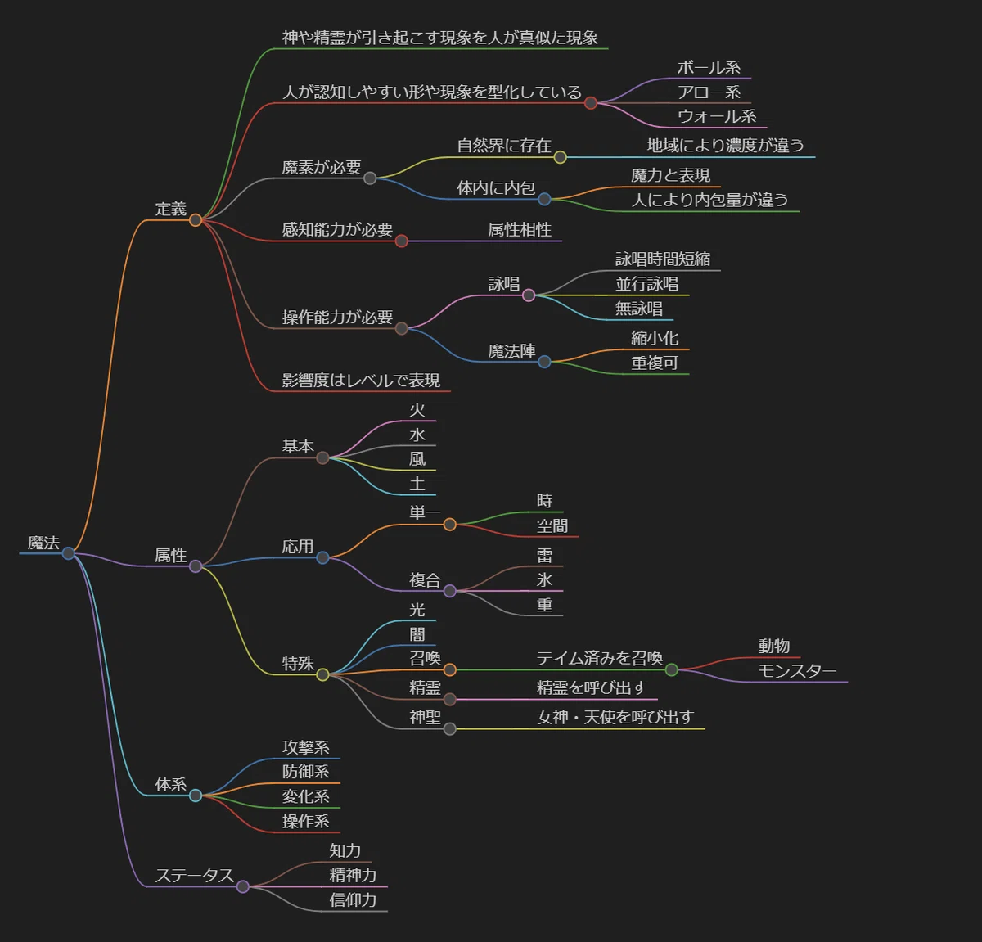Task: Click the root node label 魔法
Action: [x=43, y=543]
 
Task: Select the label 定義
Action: [x=170, y=209]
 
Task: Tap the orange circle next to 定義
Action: [x=196, y=220]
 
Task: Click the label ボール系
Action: [x=709, y=68]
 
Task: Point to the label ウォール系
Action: [x=717, y=116]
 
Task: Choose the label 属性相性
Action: [x=520, y=230]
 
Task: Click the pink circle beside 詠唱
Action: [x=529, y=295]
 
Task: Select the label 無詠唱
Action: [x=639, y=309]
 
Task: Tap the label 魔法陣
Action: [x=511, y=350]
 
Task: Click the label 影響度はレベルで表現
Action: [x=361, y=380]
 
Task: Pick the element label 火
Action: [x=417, y=410]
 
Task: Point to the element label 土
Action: [x=417, y=484]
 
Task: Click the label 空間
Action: [x=552, y=525]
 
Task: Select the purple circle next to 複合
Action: [x=449, y=591]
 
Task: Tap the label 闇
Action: [x=417, y=634]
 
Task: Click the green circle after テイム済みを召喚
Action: [x=671, y=669]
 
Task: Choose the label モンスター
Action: [x=797, y=671]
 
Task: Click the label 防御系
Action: [x=306, y=772]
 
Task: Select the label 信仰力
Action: [x=353, y=900]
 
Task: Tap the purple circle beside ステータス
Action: [x=243, y=886]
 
